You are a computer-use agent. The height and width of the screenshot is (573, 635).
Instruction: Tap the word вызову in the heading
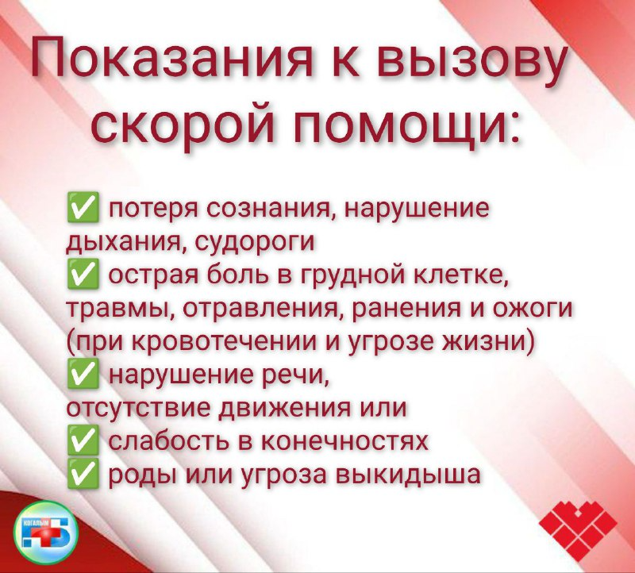pyautogui.click(x=471, y=62)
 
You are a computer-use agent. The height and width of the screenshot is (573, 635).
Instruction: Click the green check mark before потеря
pyautogui.click(x=83, y=207)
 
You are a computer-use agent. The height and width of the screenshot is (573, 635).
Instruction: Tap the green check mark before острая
pyautogui.click(x=83, y=275)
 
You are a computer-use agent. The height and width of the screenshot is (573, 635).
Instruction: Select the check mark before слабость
pyautogui.click(x=83, y=440)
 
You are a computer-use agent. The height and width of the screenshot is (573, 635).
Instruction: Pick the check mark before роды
pyautogui.click(x=83, y=473)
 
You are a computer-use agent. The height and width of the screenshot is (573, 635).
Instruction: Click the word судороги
pyautogui.click(x=255, y=242)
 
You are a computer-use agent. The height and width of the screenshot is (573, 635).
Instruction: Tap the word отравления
pyautogui.click(x=264, y=309)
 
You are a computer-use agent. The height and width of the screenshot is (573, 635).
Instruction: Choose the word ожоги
pyautogui.click(x=533, y=309)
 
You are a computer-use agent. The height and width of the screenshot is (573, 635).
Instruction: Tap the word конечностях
pyautogui.click(x=344, y=441)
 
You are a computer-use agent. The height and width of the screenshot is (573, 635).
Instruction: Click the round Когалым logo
pyautogui.click(x=45, y=533)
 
